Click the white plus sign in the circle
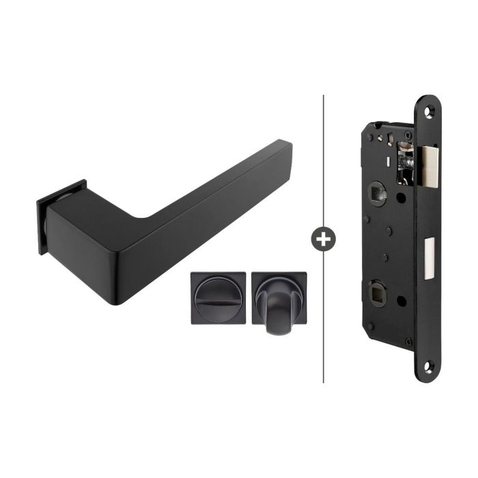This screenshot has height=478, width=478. [x=322, y=238]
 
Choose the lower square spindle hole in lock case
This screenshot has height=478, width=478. [x=378, y=295]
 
